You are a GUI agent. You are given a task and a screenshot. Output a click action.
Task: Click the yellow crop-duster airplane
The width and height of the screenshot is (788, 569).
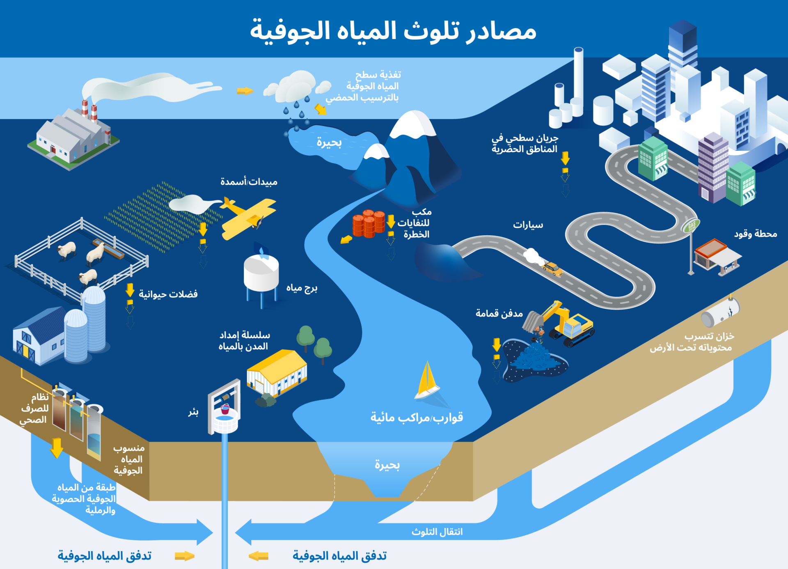(249, 218)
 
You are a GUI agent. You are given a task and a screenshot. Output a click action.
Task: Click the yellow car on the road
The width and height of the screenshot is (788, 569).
(552, 269)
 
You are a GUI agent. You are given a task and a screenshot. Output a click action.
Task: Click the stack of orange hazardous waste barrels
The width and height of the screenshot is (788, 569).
(369, 223)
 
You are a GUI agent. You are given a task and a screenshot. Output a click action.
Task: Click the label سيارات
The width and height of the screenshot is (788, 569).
(528, 225)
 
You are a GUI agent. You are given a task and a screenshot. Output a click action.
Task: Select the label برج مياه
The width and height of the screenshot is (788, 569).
(302, 288)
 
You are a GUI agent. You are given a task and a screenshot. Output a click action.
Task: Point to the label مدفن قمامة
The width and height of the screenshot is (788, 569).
(499, 314)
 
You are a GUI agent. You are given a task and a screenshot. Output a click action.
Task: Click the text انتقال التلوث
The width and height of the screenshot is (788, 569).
(437, 532)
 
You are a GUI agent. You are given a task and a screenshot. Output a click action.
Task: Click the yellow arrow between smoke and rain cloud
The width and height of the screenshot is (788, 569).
(245, 91)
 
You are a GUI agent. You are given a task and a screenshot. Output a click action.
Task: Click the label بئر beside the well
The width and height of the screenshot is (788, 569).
(193, 412)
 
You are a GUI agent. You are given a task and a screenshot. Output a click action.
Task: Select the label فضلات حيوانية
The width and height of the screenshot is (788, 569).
(168, 294)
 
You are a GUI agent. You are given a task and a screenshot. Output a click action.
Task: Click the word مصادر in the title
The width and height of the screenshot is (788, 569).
(501, 31)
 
